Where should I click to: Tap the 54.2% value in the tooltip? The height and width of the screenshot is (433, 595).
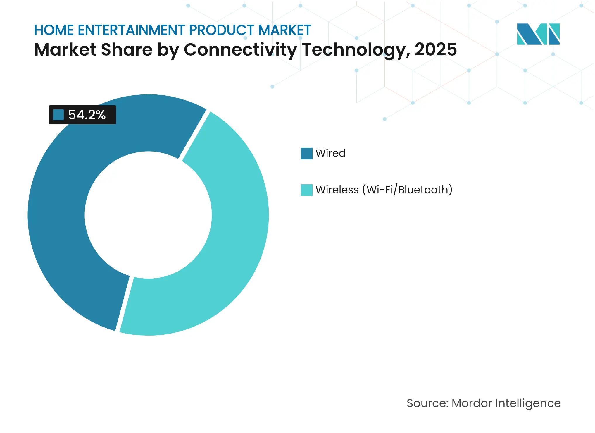click(87, 115)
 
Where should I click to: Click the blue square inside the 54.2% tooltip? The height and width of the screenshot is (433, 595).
click(58, 115)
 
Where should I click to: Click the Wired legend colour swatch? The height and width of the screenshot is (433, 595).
click(306, 154)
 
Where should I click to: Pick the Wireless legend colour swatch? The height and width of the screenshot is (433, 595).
click(306, 190)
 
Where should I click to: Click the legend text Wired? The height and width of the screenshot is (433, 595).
click(330, 153)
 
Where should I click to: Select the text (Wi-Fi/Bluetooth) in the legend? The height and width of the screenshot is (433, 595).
click(407, 190)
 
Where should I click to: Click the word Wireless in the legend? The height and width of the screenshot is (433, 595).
click(337, 190)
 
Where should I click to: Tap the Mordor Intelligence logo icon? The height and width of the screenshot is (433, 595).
click(538, 34)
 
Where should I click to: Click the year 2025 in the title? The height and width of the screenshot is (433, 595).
click(435, 49)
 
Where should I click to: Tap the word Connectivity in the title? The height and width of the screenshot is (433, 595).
click(240, 49)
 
